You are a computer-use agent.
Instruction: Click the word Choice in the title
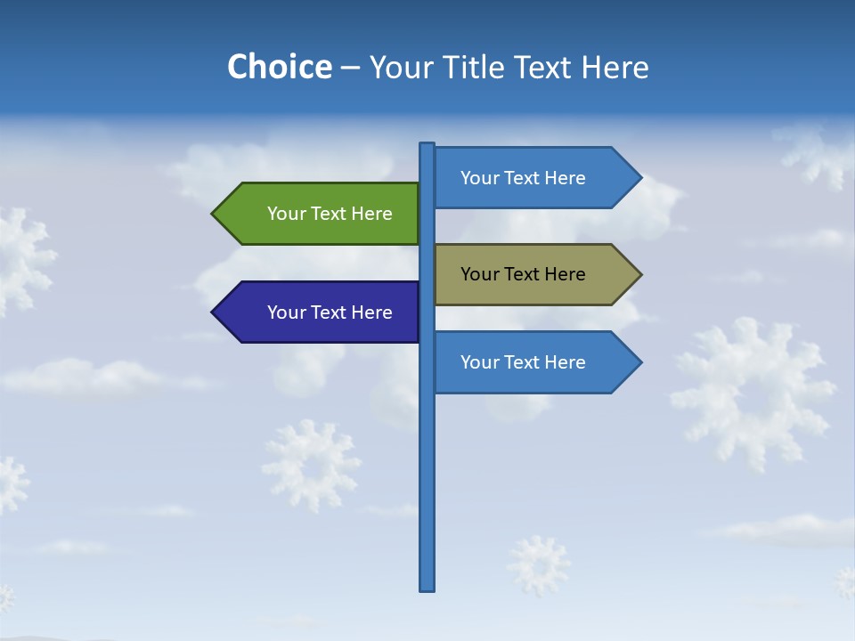tap(279, 67)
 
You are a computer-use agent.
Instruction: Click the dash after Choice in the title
tap(350, 68)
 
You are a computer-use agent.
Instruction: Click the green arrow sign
tap(321, 214)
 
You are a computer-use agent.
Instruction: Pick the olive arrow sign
tap(534, 274)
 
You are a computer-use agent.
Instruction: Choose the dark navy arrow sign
tap(321, 312)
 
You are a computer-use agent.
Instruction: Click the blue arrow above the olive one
tap(534, 178)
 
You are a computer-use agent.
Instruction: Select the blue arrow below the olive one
tap(534, 362)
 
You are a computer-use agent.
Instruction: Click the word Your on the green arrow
tap(286, 214)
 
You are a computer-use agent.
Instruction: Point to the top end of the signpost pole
tap(427, 146)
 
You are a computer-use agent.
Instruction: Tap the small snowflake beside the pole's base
tap(539, 564)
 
